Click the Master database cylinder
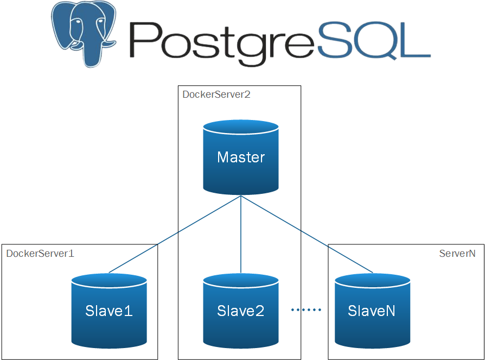click(x=241, y=163)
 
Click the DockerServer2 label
click(x=216, y=94)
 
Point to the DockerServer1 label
click(x=40, y=253)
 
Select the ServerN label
click(x=457, y=253)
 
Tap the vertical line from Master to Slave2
click(x=241, y=233)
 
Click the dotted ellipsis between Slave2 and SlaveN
click(x=307, y=310)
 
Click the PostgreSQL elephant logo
click(x=84, y=34)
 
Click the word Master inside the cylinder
click(x=241, y=157)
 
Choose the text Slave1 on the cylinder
click(x=109, y=311)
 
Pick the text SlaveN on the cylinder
click(x=372, y=311)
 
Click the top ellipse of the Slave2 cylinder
click(x=241, y=281)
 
